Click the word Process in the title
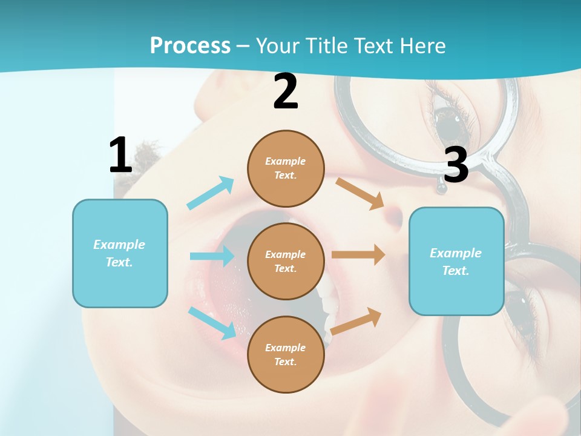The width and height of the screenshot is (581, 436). pos(190,46)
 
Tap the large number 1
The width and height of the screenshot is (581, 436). pos(120,156)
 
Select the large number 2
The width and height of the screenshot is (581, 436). pos(286,92)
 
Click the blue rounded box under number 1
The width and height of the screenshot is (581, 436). pos(120,253)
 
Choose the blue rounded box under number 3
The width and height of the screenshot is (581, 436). pos(456,262)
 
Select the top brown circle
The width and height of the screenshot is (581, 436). pos(286,168)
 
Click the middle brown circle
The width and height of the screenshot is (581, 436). pos(286,261)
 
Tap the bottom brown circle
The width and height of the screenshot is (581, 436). pos(286,354)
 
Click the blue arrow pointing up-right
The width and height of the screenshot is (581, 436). pos(211,193)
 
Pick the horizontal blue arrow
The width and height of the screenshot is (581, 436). pos(212,256)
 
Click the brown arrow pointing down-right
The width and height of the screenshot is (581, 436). pos(361,193)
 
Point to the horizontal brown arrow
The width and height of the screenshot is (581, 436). pos(358,254)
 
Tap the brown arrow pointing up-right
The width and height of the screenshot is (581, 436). pos(356,321)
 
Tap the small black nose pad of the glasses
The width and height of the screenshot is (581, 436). pos(442,189)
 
